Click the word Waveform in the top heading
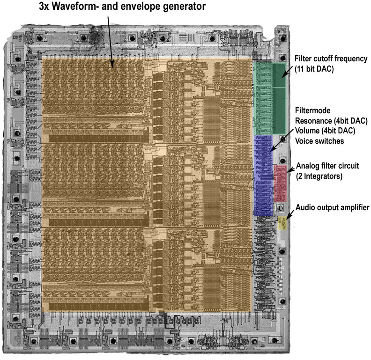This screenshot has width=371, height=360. point(74,7)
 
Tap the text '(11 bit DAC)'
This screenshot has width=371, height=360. point(314,69)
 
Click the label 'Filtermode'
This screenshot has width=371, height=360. point(312,110)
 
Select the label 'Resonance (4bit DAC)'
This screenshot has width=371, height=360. point(331,121)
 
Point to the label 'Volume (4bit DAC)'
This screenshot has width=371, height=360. point(325,131)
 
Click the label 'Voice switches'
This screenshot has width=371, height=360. point(319,141)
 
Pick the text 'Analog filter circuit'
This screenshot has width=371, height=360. point(327,166)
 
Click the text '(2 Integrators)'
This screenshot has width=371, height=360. point(319,176)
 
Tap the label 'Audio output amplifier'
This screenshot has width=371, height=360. point(332,208)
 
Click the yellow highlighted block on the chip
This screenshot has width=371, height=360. point(282,223)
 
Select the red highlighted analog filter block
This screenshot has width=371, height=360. point(281,184)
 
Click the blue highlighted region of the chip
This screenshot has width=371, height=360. point(263,176)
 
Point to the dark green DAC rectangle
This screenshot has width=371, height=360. point(280,99)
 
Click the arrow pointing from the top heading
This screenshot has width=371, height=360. point(111,42)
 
